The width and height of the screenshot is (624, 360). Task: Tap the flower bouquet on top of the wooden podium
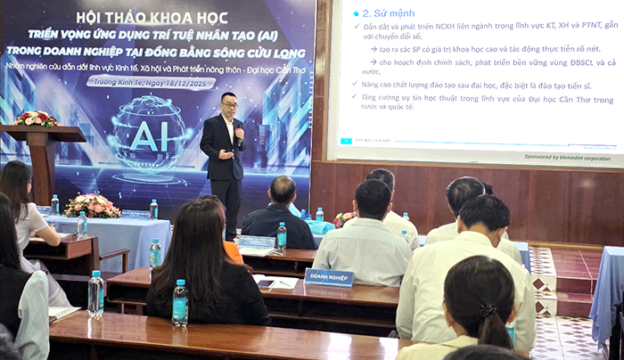[x=36, y=119]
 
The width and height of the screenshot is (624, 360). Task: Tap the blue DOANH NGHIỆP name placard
[x=329, y=277]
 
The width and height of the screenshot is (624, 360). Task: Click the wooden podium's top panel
[x=40, y=134]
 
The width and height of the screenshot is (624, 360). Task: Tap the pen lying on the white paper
[x=283, y=284]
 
